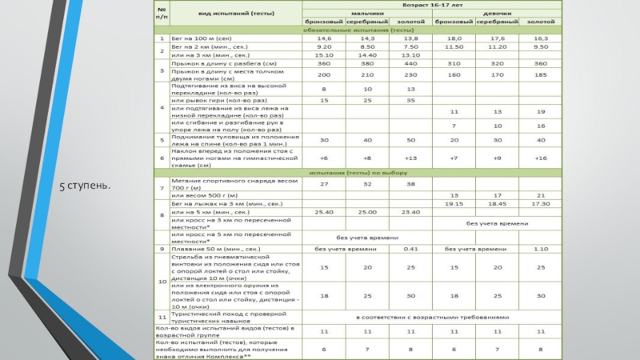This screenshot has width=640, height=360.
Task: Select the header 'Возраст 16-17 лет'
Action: point(431,6)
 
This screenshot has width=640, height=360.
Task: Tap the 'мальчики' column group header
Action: point(367,14)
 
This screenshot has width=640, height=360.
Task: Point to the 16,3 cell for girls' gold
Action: point(541,38)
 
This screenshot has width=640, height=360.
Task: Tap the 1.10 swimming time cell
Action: point(541,250)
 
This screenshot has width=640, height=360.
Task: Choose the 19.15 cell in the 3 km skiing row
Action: point(454,204)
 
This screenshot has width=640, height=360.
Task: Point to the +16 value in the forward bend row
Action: point(541,158)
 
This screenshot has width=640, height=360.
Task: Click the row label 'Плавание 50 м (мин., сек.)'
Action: point(209,250)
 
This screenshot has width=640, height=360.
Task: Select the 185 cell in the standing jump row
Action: point(541,74)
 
